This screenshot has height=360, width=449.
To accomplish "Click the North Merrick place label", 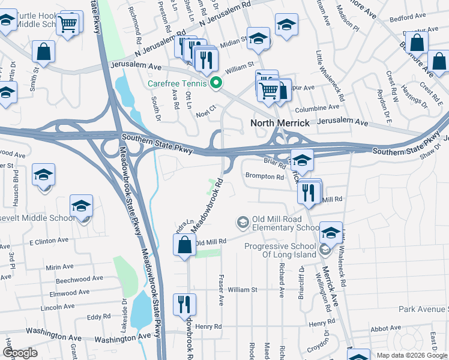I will point(280,123).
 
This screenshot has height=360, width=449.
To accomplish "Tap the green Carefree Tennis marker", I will point(212,84).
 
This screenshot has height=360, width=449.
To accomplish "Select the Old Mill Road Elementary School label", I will point(281,223).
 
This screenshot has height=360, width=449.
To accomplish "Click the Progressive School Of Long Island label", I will point(280,251).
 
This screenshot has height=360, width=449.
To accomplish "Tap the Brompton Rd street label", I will point(265,177).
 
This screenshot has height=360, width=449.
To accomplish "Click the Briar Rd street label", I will point(274,161).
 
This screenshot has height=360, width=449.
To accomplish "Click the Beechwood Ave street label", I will point(79,279).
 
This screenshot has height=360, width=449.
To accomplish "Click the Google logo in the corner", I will point(20,353).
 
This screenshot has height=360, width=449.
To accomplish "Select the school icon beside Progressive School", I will point(331,233).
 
